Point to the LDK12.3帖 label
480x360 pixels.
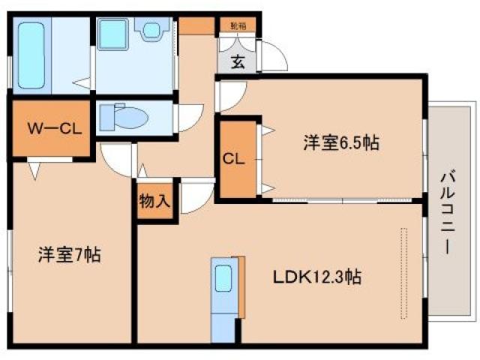(317, 277)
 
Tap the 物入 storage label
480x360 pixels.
(155, 202)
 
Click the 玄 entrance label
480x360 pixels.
(237, 62)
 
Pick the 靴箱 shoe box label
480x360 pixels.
(237, 25)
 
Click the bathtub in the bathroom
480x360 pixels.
(32, 55)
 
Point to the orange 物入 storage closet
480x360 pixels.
(156, 200)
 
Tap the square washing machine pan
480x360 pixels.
(117, 34)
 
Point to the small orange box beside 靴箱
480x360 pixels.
(196, 25)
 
